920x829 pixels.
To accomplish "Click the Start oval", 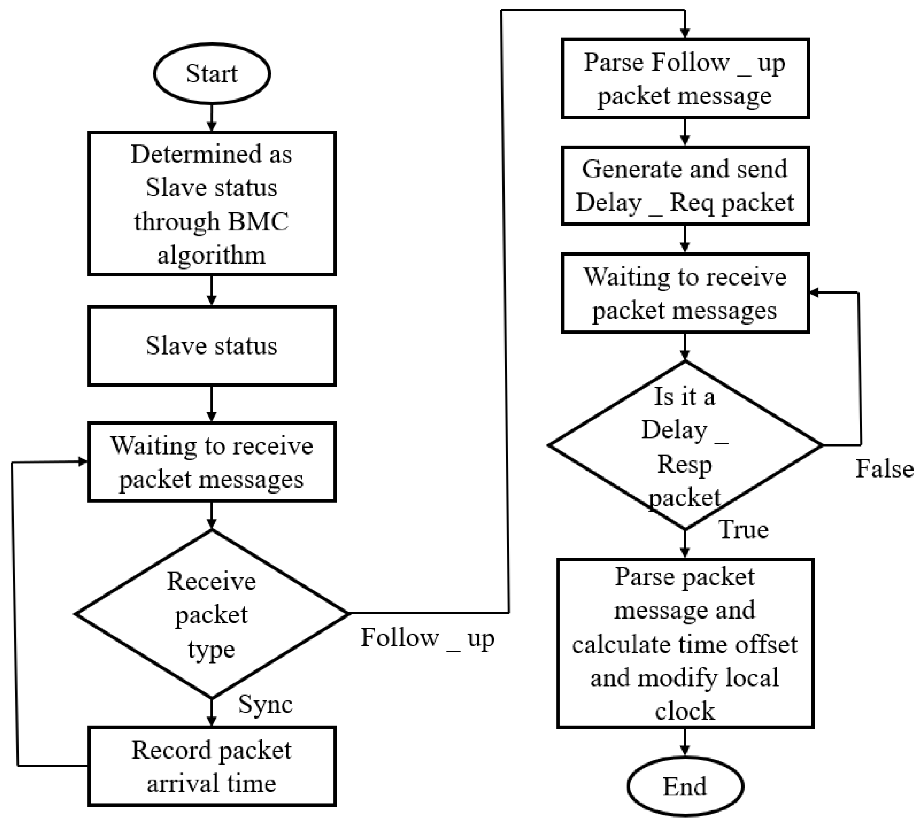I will tap(212, 74).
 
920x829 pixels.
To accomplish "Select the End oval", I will tap(685, 787).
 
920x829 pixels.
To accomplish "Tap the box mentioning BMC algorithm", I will tap(212, 204).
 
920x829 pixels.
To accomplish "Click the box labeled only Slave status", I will tap(212, 346).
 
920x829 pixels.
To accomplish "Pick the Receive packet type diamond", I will tap(212, 614).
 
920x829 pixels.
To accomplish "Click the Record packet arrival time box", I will tap(212, 767).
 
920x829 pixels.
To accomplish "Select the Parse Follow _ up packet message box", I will tap(685, 78).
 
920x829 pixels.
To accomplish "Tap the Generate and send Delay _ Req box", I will tap(685, 185).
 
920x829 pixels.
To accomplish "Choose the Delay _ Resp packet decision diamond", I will tap(685, 446).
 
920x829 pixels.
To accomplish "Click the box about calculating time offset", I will tap(685, 643).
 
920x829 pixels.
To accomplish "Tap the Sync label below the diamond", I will tap(265, 704).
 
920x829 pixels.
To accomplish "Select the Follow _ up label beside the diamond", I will tap(427, 638).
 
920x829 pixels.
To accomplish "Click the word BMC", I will tap(258, 222).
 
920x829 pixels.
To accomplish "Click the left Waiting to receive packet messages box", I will tap(212, 462).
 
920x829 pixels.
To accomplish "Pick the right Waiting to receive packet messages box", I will tap(685, 293).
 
